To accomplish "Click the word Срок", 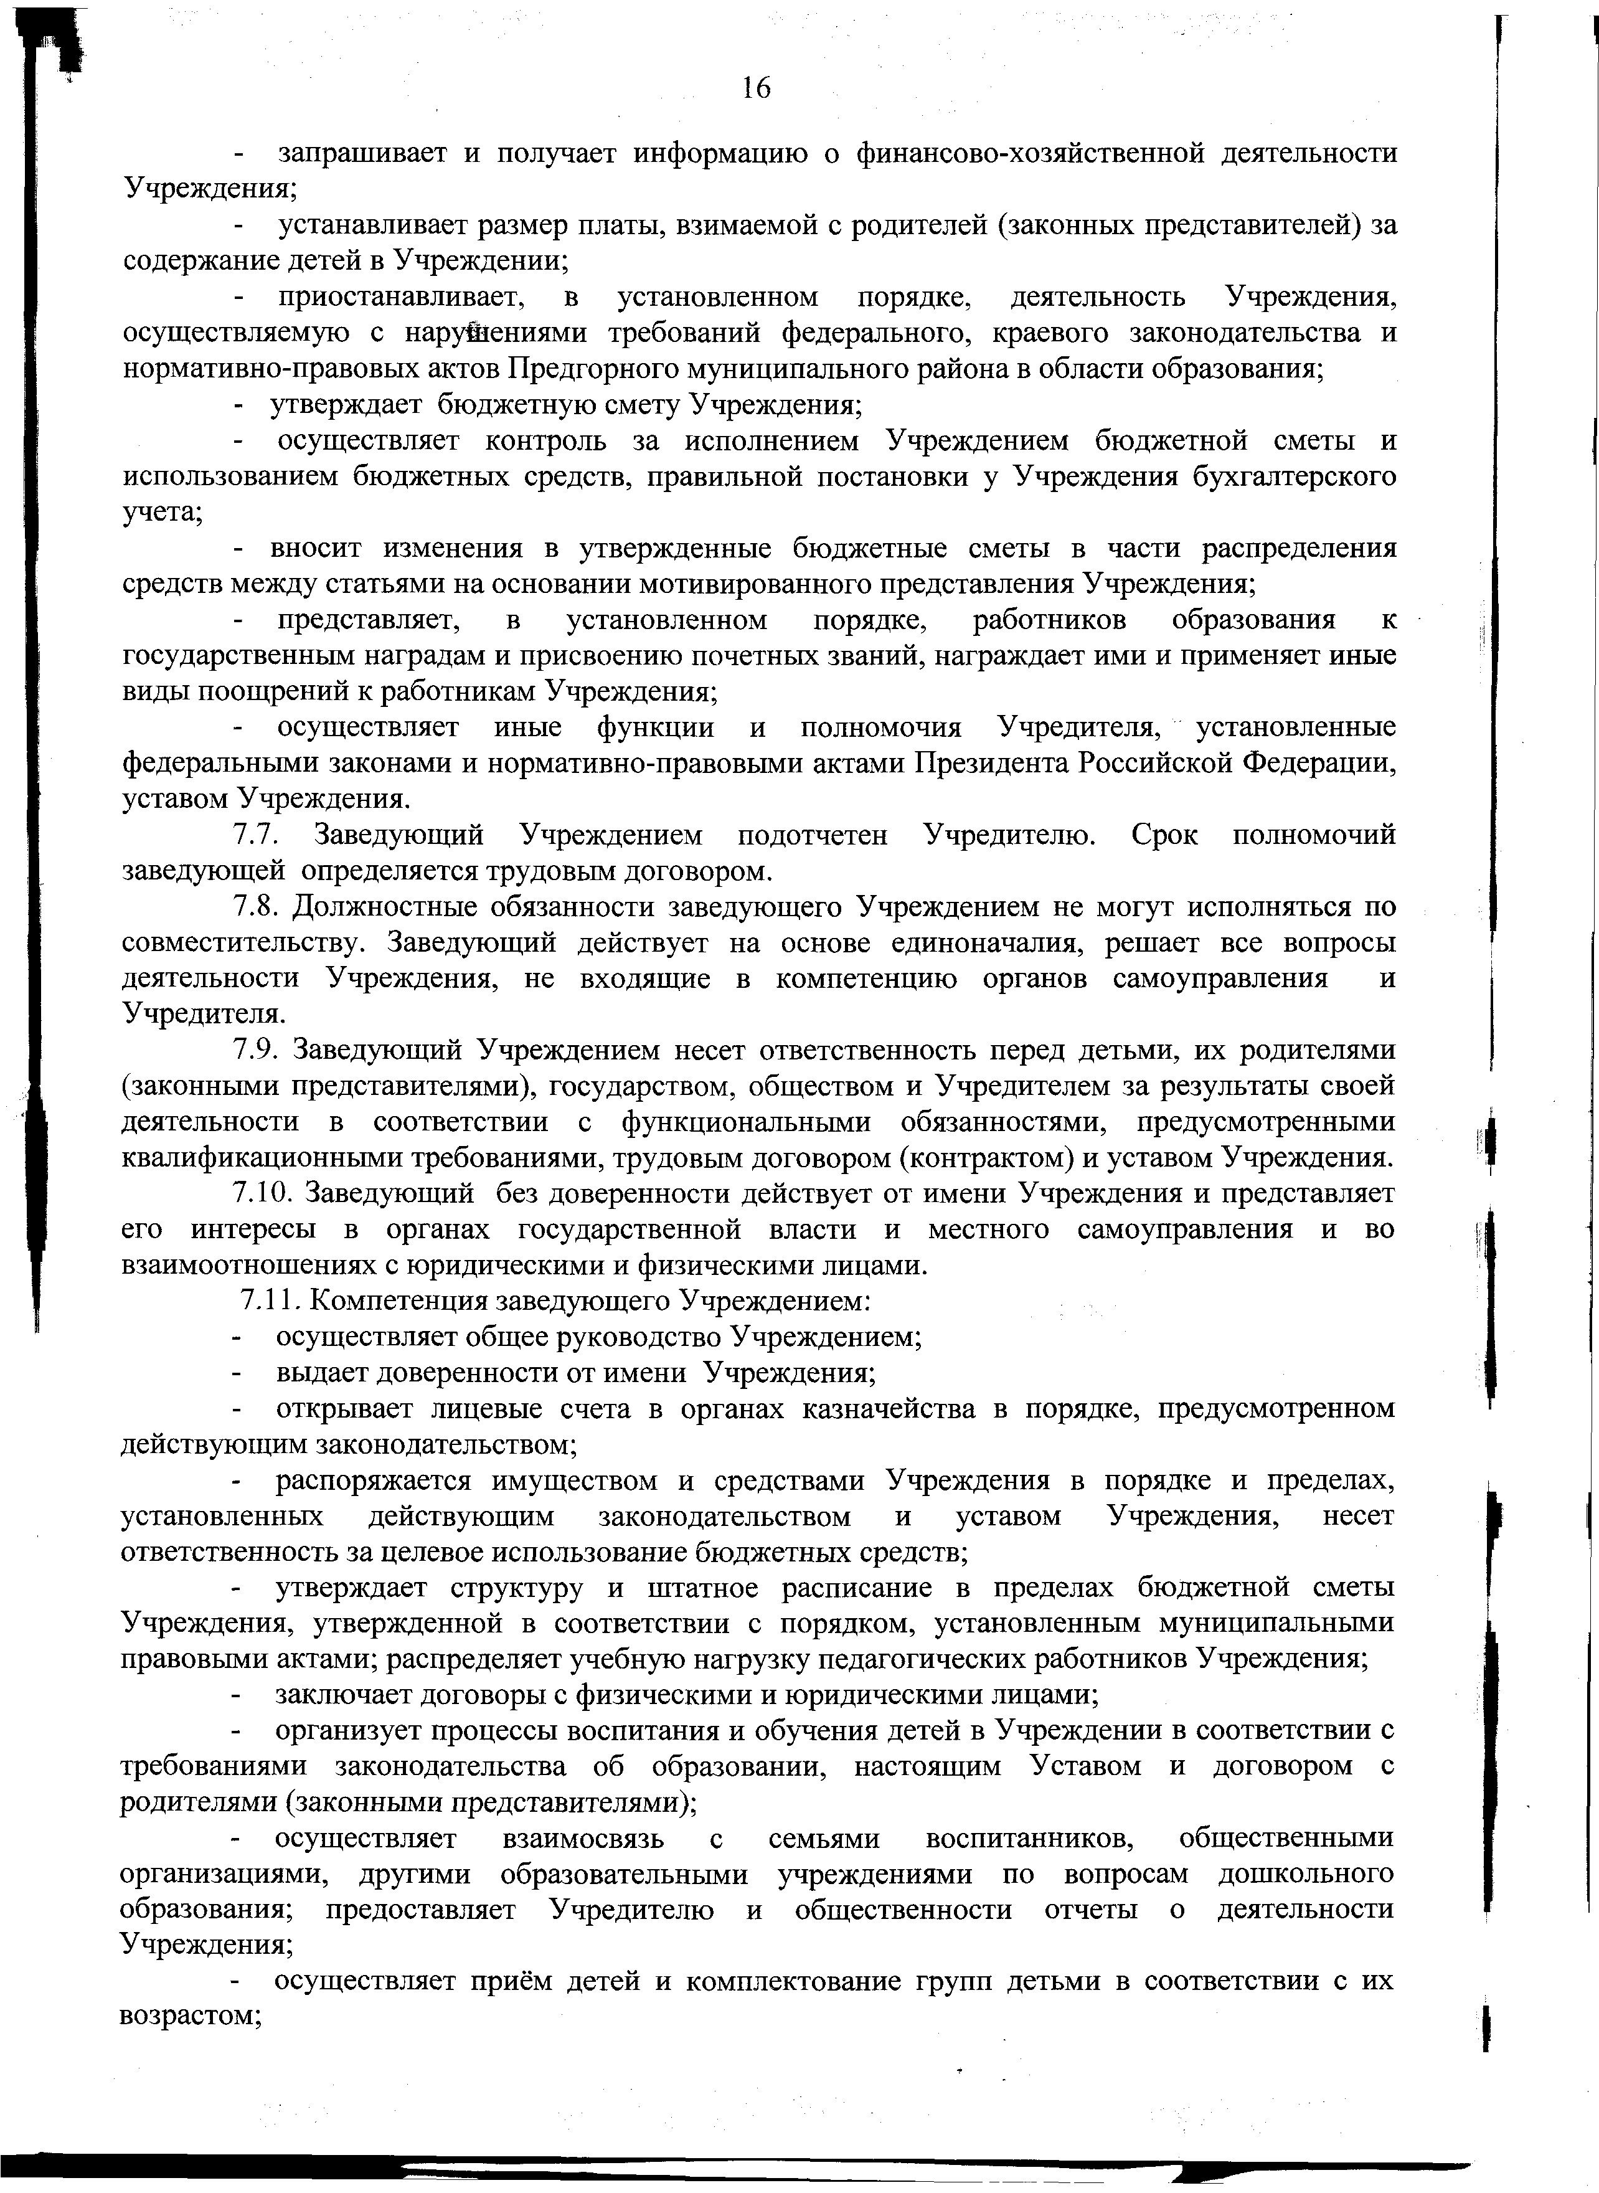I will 1163,835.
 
